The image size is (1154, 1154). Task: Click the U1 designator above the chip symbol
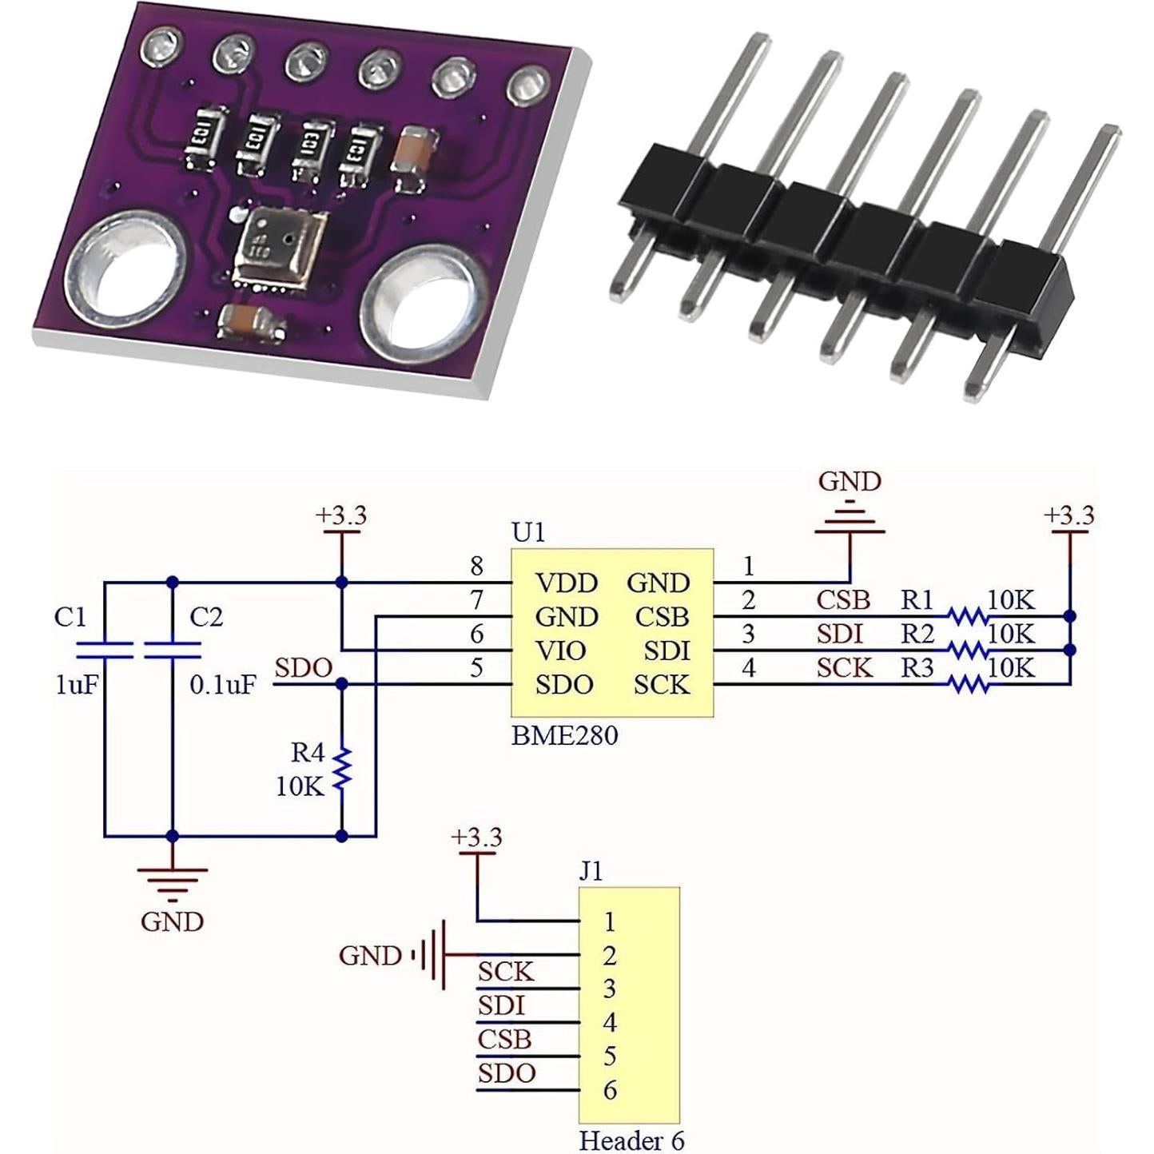click(x=527, y=532)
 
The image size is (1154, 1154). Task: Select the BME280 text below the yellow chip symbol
click(x=564, y=735)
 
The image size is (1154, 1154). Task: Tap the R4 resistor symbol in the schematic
click(x=342, y=769)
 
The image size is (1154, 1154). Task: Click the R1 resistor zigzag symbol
click(x=967, y=616)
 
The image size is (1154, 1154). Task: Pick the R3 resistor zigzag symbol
click(x=967, y=684)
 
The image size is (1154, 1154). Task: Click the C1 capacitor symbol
click(x=104, y=649)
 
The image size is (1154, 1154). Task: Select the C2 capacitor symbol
click(x=171, y=649)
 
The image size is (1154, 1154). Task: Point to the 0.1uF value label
click(x=223, y=685)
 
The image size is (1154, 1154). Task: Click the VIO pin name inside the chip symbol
click(x=560, y=651)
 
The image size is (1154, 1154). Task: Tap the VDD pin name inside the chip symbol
click(x=566, y=583)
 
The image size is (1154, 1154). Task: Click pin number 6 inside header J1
click(x=610, y=1090)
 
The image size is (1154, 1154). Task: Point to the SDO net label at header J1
click(x=507, y=1073)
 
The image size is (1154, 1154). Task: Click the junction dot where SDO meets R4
click(x=342, y=684)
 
